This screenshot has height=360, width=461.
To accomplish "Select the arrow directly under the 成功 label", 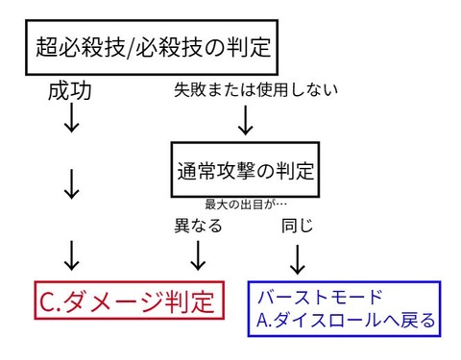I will (x=70, y=121).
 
